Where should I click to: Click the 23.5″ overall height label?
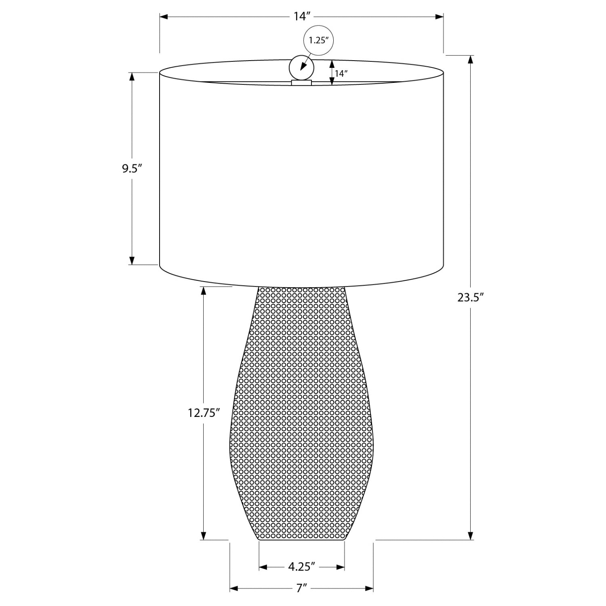click(x=471, y=298)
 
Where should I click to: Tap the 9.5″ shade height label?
click(x=133, y=168)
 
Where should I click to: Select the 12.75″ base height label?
click(x=204, y=413)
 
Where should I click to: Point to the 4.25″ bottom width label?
click(x=301, y=567)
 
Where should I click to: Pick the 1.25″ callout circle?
click(x=319, y=40)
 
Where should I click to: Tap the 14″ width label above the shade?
click(x=302, y=17)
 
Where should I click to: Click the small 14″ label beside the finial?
click(x=341, y=74)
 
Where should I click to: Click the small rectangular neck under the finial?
click(x=301, y=83)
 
